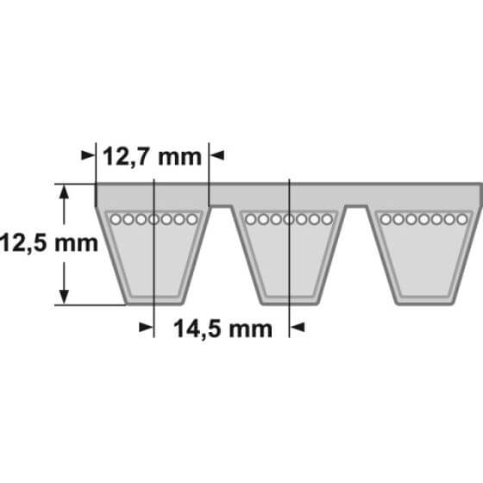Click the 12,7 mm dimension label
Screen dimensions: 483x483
point(152,158)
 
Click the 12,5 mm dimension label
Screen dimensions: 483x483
point(49,242)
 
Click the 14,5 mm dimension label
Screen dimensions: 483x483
point(223,329)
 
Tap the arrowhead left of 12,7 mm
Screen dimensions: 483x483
point(88,155)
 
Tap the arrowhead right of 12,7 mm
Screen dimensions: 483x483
point(216,155)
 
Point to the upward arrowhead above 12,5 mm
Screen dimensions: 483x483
point(64,191)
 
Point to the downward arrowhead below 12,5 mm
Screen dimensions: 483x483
point(64,297)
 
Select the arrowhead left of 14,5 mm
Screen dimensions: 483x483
point(146,327)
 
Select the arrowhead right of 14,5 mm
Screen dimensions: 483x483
point(298,327)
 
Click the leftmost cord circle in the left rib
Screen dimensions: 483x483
point(116,220)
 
